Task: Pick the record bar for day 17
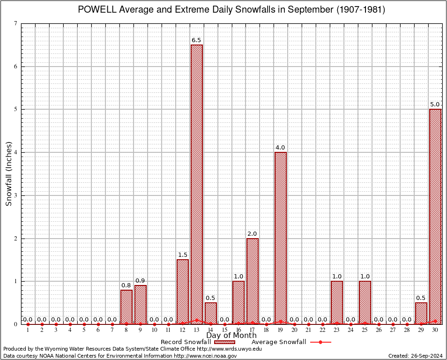coord(253,281)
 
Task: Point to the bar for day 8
coord(127,307)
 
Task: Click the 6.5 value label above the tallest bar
coord(196,40)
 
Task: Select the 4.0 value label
coord(281,148)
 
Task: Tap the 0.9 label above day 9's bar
coord(141,281)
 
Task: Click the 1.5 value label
coord(183,255)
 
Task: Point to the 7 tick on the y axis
coord(16,23)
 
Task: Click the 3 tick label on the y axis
coord(16,195)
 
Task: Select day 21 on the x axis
coord(308,330)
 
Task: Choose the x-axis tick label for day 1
coord(28,330)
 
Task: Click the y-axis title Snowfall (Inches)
coord(8,174)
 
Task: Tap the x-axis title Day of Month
coord(231,336)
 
